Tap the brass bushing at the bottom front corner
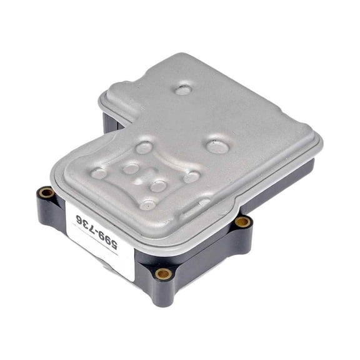click(x=164, y=273)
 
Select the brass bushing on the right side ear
click(x=242, y=222)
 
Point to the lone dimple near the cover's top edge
click(x=183, y=90)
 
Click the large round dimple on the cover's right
click(x=216, y=146)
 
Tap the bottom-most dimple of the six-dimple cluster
click(x=147, y=204)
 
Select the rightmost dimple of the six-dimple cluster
click(x=191, y=177)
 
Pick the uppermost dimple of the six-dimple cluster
click(x=144, y=148)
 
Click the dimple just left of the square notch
click(x=131, y=168)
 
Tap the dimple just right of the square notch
click(x=158, y=186)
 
